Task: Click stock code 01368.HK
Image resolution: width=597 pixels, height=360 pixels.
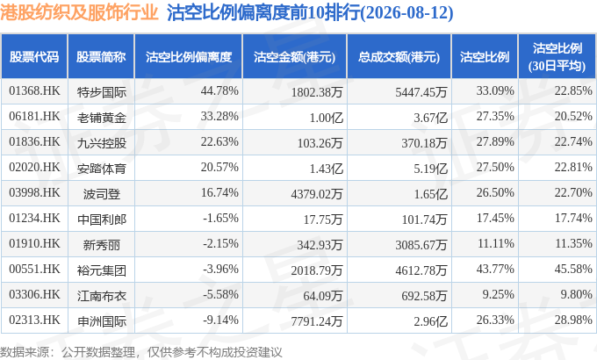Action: (x=34, y=91)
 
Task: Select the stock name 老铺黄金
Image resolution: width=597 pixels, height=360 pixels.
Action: (x=101, y=118)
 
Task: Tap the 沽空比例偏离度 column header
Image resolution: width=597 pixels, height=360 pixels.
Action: (x=189, y=57)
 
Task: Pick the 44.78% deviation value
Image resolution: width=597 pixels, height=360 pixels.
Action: (x=219, y=91)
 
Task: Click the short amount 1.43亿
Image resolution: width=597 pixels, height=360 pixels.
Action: (x=327, y=169)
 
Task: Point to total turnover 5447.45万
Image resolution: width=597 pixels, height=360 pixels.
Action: (x=421, y=92)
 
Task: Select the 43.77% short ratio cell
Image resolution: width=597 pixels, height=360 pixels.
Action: (x=495, y=270)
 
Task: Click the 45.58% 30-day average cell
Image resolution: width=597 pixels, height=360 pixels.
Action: (x=573, y=270)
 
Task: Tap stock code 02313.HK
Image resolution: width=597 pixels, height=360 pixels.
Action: (x=34, y=320)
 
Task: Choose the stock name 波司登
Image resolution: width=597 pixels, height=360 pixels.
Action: (x=102, y=194)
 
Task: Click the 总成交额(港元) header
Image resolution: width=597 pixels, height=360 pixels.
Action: (x=399, y=57)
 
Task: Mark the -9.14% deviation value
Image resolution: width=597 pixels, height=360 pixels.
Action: (x=221, y=320)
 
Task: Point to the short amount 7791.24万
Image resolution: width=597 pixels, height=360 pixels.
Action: (x=317, y=321)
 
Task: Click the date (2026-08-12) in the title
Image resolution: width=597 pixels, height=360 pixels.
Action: (x=406, y=13)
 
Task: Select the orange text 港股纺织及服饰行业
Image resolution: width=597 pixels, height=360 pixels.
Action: (x=79, y=12)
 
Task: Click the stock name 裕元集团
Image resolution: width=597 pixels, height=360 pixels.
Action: (x=101, y=270)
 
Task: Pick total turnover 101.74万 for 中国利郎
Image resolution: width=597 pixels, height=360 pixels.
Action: (x=424, y=220)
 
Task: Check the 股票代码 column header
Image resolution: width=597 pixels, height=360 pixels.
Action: (x=34, y=57)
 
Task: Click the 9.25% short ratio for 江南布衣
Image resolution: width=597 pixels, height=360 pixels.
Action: (x=498, y=295)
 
